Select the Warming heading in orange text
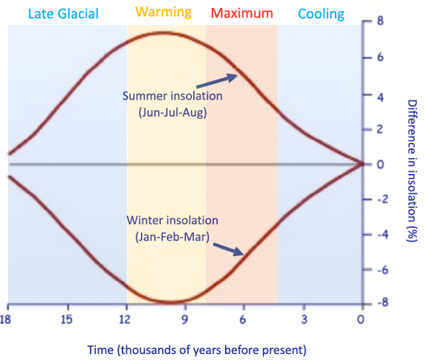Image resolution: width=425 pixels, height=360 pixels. pyautogui.click(x=164, y=13)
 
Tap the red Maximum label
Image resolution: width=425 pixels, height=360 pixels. pyautogui.click(x=242, y=13)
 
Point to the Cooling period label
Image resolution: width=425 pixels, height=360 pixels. pyautogui.click(x=320, y=13)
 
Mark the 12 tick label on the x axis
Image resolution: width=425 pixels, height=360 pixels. pyautogui.click(x=126, y=319)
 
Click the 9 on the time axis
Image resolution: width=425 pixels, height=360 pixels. pyautogui.click(x=184, y=319)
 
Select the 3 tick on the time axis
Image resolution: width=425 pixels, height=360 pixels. pyautogui.click(x=303, y=319)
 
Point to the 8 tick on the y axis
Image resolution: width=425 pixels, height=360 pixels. pyautogui.click(x=381, y=22)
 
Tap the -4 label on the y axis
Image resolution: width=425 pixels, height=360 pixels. pyautogui.click(x=379, y=235)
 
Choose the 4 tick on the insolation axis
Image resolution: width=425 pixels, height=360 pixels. pyautogui.click(x=381, y=94)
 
